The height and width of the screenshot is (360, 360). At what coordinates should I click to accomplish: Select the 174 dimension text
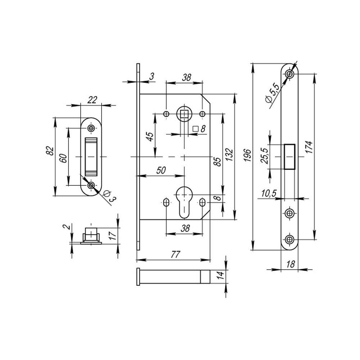(x=309, y=147)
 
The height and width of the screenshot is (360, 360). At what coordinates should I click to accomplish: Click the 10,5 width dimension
(x=268, y=193)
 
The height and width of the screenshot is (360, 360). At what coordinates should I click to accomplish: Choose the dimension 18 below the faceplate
(x=291, y=264)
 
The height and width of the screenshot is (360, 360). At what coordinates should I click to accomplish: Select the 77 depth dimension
(x=175, y=255)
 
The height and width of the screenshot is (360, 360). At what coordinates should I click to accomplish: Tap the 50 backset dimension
(x=161, y=171)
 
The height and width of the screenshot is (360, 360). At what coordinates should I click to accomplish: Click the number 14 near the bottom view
(x=221, y=276)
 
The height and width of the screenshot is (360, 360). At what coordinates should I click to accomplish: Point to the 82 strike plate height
(x=50, y=150)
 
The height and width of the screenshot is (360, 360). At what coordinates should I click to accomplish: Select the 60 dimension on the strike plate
(x=63, y=158)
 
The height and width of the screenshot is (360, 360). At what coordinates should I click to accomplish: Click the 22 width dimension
(x=92, y=100)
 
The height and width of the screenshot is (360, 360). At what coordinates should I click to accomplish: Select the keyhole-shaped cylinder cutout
(x=184, y=202)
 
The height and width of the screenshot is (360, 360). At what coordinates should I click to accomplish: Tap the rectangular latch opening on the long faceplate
(x=289, y=157)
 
